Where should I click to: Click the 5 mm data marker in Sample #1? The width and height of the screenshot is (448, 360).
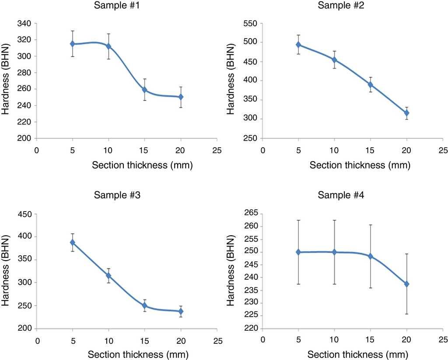(72, 44)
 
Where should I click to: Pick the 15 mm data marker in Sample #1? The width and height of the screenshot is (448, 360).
(144, 90)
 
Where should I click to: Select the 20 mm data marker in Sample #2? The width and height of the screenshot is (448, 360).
(406, 113)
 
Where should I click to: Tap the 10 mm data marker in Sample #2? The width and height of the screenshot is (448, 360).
(334, 60)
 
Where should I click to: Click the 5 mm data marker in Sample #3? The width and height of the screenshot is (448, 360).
(73, 243)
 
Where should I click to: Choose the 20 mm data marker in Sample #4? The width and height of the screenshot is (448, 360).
(406, 284)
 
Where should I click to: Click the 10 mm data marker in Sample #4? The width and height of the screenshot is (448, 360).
(334, 252)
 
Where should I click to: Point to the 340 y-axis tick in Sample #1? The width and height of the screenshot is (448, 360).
(24, 23)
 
